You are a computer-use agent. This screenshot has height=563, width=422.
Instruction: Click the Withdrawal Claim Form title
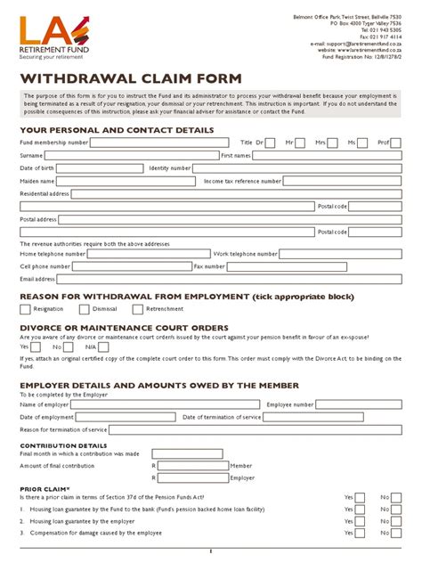click(x=130, y=78)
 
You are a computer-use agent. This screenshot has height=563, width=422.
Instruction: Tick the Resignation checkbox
click(x=25, y=309)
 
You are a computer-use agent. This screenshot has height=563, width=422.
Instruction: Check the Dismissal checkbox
click(x=84, y=309)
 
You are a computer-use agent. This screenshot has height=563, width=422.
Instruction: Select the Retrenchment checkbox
click(x=138, y=309)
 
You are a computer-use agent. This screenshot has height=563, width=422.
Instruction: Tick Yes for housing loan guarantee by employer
click(x=361, y=520)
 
